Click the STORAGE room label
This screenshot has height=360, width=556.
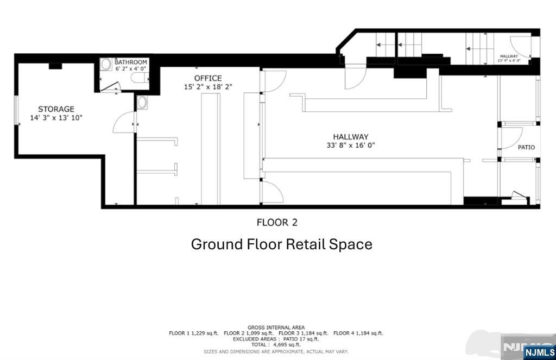[56, 109]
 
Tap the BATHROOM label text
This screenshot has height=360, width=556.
[131, 62]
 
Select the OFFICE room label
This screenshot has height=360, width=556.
[208, 78]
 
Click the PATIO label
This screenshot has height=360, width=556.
[526, 147]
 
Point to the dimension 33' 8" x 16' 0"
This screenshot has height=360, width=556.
[351, 145]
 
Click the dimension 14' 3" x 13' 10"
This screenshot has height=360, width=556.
[56, 118]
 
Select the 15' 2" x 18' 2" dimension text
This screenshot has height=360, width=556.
[208, 86]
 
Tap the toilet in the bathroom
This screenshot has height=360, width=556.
[141, 78]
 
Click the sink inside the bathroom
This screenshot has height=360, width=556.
[106, 64]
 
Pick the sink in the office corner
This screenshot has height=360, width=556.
[142, 102]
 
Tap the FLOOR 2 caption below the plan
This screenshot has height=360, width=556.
[277, 222]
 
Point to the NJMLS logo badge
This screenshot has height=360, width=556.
[539, 352]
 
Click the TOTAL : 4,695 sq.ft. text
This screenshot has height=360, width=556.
[276, 345]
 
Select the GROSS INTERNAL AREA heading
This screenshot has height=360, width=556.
[276, 327]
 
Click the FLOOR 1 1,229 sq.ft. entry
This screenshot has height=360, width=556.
[193, 333]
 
